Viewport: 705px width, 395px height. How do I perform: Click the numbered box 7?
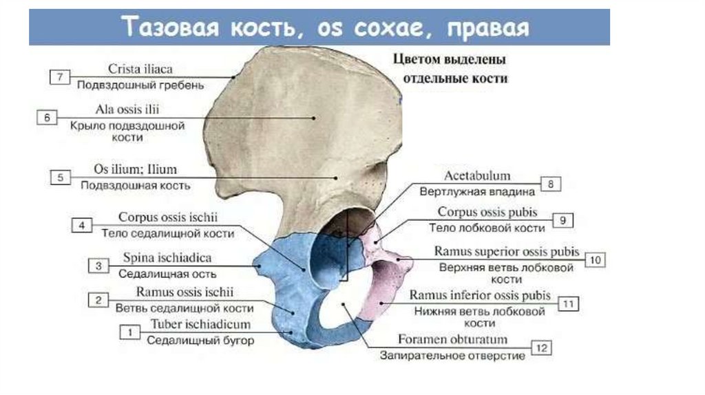click(59, 76)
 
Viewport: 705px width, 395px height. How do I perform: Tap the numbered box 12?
click(542, 348)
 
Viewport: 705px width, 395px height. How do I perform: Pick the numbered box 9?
click(562, 220)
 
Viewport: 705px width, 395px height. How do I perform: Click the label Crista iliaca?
click(140, 69)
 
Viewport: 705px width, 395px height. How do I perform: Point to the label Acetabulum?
click(477, 176)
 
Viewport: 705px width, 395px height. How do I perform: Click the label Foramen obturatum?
click(452, 339)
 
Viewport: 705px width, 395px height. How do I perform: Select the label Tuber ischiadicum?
click(201, 324)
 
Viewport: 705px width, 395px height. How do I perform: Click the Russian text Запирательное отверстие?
click(452, 356)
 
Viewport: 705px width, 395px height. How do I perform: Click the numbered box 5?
click(60, 177)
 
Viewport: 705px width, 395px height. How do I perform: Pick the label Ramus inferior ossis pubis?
click(480, 295)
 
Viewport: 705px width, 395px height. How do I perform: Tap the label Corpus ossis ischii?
click(168, 217)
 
